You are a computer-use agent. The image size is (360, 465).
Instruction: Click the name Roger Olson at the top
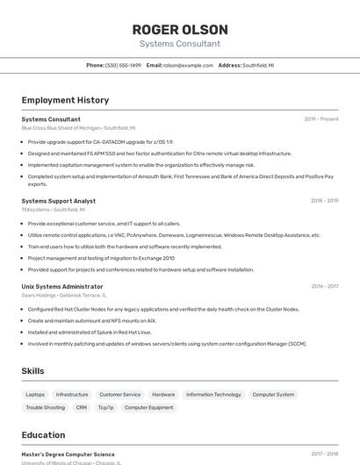(179, 29)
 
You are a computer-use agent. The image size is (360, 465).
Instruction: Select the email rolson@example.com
(188, 65)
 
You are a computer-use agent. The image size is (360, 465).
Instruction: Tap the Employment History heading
(65, 100)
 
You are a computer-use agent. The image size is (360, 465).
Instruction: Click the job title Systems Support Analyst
(58, 201)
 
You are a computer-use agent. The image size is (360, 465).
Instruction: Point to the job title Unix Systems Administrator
(61, 286)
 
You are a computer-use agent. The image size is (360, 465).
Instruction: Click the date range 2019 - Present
(321, 118)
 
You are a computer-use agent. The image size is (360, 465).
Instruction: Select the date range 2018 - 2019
(324, 201)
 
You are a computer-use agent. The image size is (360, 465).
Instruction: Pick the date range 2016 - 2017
(324, 286)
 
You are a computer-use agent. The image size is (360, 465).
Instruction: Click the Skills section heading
(32, 371)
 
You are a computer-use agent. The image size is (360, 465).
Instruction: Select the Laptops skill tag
(35, 395)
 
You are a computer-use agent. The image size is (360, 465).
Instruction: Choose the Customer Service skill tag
(119, 395)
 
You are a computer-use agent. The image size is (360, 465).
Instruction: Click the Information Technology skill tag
(213, 395)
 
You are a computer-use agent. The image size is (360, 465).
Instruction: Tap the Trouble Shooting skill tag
(45, 407)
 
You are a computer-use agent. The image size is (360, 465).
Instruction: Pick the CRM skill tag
(81, 407)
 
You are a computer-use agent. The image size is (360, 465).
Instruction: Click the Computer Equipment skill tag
(148, 407)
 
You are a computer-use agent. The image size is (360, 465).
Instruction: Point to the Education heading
(43, 435)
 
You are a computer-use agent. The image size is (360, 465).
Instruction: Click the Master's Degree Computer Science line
(68, 454)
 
